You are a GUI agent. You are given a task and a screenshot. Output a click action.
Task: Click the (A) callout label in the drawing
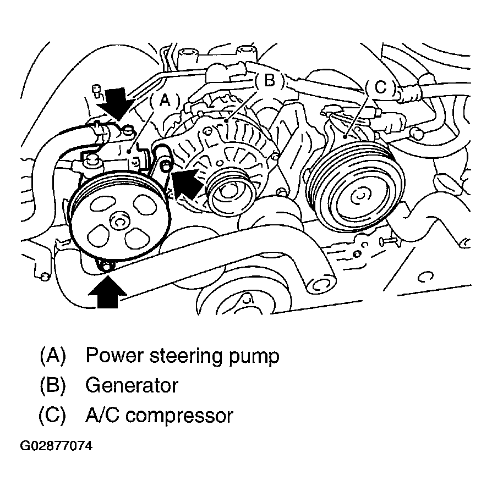click(x=165, y=99)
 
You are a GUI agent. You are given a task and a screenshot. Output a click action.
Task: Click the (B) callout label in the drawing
click(x=269, y=81)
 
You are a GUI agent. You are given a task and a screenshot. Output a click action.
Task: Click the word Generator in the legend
click(x=132, y=385)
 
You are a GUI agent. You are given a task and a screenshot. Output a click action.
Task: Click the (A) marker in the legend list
click(x=52, y=356)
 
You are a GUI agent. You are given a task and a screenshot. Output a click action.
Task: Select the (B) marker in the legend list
click(x=52, y=385)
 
